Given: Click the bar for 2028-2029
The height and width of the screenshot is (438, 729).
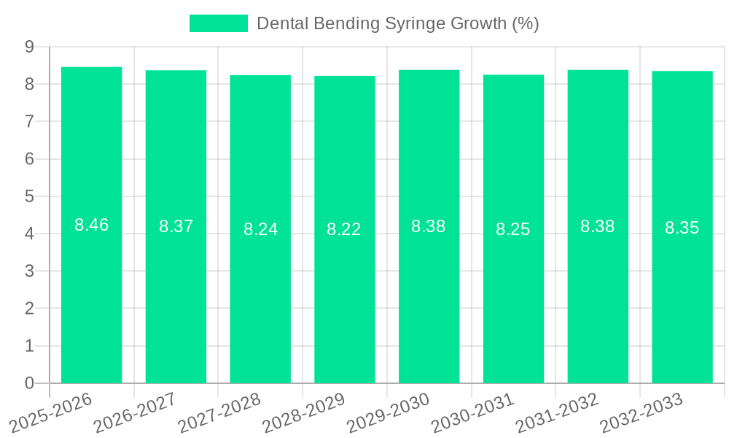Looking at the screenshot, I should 345,229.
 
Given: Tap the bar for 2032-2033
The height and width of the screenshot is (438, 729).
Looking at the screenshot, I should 682,227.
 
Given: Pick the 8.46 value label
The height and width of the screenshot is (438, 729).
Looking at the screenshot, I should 92,225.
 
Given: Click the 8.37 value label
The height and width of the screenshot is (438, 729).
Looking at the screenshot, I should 176,226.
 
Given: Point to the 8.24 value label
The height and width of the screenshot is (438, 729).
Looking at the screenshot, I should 261,229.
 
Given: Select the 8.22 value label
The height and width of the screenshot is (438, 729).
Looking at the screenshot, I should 344,229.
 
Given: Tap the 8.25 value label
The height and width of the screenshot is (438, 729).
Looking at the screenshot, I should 513,229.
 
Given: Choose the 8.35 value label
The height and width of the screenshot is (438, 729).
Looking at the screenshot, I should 682,228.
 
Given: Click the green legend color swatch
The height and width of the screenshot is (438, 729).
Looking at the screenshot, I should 218,23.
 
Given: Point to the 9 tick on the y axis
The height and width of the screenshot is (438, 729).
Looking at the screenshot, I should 29,47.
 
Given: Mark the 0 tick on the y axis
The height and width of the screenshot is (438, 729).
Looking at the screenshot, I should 29,383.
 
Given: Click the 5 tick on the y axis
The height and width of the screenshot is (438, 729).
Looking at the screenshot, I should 29,196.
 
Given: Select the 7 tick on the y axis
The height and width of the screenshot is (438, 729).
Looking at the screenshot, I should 29,121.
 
